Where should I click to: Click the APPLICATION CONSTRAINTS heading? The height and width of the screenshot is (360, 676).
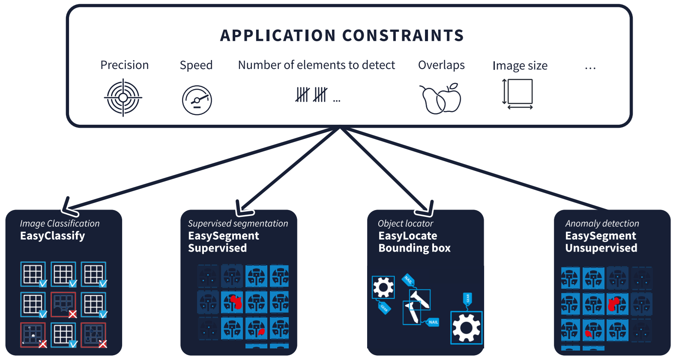coord(342,36)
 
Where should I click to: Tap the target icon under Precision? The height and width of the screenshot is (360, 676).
coord(123,98)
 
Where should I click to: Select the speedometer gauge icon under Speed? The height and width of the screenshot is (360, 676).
coord(197,100)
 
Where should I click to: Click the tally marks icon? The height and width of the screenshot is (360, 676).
coord(312,95)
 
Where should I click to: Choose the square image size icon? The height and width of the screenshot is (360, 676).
coord(518,93)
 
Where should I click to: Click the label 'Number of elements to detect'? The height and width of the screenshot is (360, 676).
coord(316,65)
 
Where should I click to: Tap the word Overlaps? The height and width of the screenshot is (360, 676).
coord(441,65)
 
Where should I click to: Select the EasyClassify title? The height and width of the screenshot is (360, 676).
coord(52,236)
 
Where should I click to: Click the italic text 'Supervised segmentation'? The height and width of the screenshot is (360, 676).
coord(238,223)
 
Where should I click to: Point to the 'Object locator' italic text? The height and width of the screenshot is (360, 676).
coord(405,223)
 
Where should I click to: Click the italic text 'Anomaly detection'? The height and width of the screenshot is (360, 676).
coord(602,223)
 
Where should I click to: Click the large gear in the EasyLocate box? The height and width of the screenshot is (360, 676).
coord(467,328)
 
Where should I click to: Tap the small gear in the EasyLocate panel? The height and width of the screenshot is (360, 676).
coord(383,287)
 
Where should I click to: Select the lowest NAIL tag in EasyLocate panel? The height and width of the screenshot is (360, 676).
coord(433,322)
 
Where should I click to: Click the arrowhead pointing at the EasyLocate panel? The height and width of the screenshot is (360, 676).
coord(426,209)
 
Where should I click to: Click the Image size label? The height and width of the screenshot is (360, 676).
coord(520,66)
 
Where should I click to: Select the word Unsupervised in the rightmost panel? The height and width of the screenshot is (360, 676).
coord(601,248)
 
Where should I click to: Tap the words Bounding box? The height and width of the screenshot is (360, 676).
coord(414,248)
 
